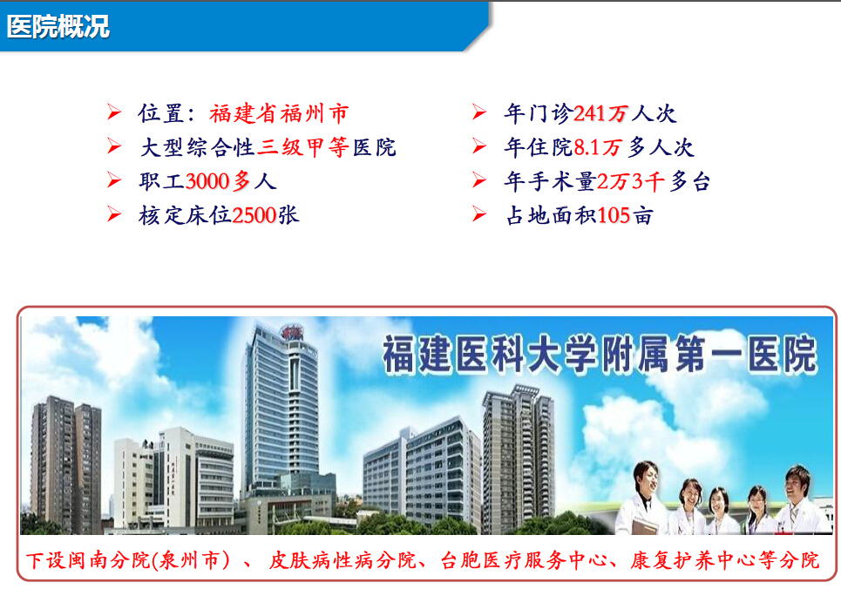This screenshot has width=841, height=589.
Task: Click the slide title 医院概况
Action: point(58,26)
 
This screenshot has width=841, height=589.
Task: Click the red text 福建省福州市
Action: point(279,114)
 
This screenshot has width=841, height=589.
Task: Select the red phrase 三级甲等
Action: point(303,147)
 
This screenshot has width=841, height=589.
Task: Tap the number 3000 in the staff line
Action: point(207,181)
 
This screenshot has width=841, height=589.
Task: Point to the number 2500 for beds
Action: point(254,215)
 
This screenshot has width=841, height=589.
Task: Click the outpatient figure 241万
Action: point(600,113)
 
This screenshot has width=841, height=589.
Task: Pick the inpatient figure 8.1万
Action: point(598,147)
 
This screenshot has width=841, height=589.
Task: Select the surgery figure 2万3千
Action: point(631,181)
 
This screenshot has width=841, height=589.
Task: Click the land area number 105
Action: point(613,215)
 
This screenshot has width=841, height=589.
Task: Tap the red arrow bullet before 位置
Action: point(113,112)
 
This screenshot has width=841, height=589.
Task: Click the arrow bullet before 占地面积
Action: point(479,214)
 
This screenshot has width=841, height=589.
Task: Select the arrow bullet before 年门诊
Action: point(479,112)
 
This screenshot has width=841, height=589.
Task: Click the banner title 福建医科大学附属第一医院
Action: point(600,354)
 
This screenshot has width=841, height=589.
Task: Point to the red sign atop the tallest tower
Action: point(291,332)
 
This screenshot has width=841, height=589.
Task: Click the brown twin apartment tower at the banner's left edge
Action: point(65,464)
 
